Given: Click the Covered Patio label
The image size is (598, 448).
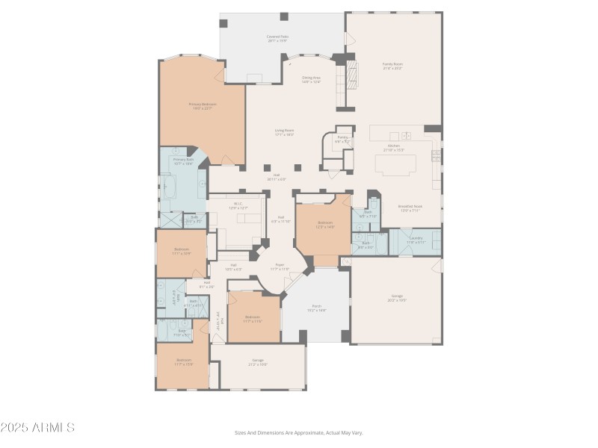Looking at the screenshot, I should point(277,38).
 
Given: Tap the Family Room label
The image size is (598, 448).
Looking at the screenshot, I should point(392,66).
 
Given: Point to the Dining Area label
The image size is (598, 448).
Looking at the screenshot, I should point(311,79).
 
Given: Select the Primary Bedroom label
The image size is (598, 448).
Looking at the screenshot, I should point(200,106).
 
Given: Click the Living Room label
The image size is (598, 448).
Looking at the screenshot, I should point(284,132).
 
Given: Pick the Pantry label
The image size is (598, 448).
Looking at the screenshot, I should point(342,140).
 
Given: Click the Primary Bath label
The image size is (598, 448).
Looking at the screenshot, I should point(183,161).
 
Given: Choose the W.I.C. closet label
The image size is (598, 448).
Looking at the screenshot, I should point(238,205).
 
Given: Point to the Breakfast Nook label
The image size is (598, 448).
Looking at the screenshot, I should point(410,208).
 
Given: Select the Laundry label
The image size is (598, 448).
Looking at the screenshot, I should point(416,240).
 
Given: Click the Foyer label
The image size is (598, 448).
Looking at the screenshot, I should point(280,267).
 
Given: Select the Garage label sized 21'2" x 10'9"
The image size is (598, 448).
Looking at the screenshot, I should point(258,362).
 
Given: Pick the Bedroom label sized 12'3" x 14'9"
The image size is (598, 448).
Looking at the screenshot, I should point(324,224).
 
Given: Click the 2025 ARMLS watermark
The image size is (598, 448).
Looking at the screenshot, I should point(37,428).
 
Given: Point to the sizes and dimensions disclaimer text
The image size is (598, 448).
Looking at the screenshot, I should point(299,432).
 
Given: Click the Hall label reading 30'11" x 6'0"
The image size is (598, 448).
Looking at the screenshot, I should point(277,178).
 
